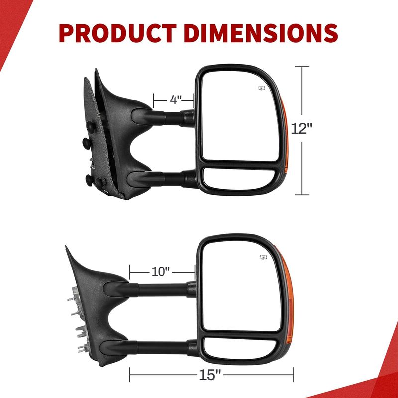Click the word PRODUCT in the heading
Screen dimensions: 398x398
click(117, 33)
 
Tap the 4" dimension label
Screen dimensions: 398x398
click(176, 100)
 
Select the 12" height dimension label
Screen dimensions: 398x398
click(301, 128)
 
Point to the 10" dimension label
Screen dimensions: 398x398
click(160, 271)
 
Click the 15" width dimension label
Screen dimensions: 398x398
click(210, 375)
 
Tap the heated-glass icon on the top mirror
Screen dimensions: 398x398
click(262, 88)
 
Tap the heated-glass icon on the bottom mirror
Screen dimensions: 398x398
click(264, 257)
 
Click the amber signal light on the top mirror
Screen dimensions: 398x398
click(285, 134)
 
